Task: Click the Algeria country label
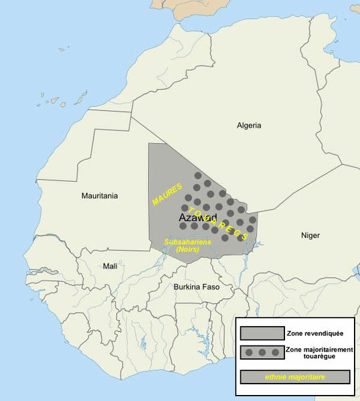[249, 126]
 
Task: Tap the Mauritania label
[99, 196]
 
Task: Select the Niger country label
[310, 235]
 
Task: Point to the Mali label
[109, 266]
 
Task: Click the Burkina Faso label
[197, 287]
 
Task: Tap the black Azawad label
[198, 219]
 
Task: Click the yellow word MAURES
[167, 195]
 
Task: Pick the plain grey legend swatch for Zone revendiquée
[262, 333]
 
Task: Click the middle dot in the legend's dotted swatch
[262, 352]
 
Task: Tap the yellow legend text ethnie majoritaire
[295, 377]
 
